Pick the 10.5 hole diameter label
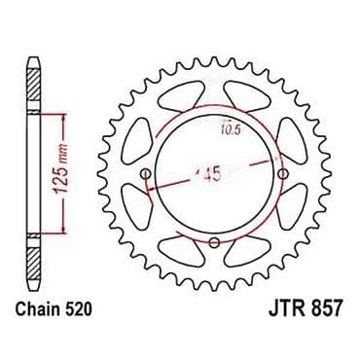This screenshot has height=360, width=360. pyautogui.click(x=230, y=125)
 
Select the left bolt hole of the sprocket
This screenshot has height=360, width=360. pyautogui.click(x=147, y=176)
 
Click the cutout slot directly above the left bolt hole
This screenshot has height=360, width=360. pyautogui.click(x=142, y=136)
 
